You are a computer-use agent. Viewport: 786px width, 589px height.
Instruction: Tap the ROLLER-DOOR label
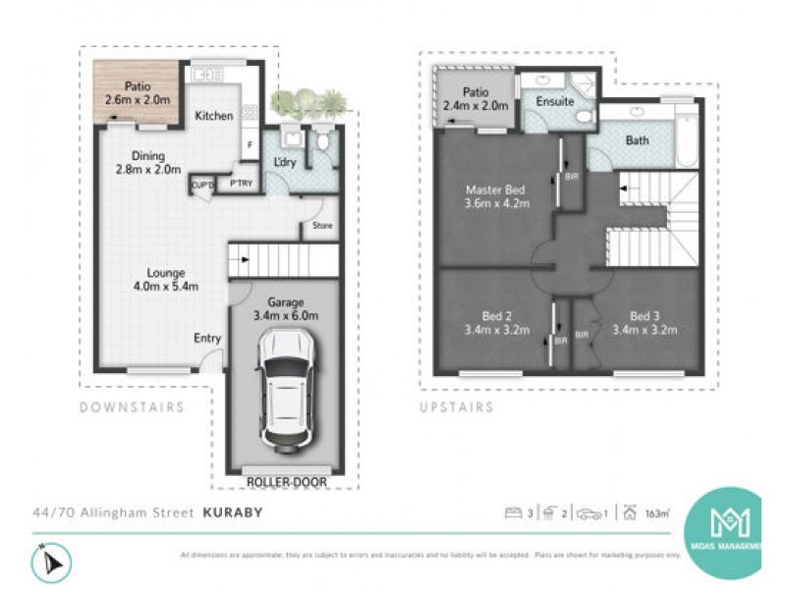pos(286,482)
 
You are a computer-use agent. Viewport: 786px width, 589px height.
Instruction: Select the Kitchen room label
pos(214,116)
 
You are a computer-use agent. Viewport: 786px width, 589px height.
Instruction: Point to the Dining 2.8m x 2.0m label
pos(142,162)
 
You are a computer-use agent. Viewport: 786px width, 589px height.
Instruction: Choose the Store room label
pos(322,226)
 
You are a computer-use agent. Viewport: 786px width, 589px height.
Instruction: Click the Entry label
pos(207,339)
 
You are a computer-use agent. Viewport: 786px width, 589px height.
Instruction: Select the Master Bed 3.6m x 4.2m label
pos(497,196)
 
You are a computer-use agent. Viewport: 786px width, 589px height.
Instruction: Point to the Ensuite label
pos(555,101)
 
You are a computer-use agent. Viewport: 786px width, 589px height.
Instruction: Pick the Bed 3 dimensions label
pos(644,323)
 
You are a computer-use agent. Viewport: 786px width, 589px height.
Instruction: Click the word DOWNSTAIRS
pos(132,406)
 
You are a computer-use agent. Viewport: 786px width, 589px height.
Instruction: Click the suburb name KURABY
pos(234,511)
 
